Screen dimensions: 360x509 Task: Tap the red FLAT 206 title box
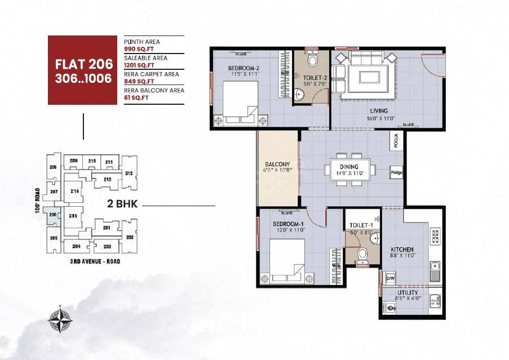tap(83, 70)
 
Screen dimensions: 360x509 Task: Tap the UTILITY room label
tap(407, 292)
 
